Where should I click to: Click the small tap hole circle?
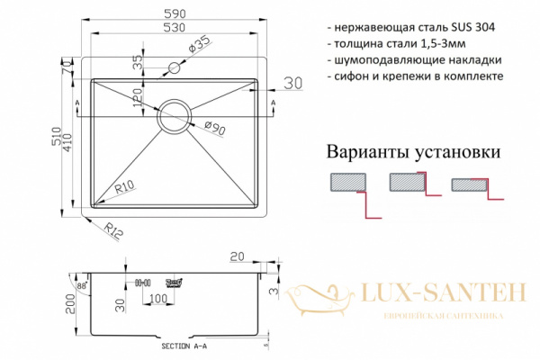tap(175, 67)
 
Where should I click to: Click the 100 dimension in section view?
tap(157, 299)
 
